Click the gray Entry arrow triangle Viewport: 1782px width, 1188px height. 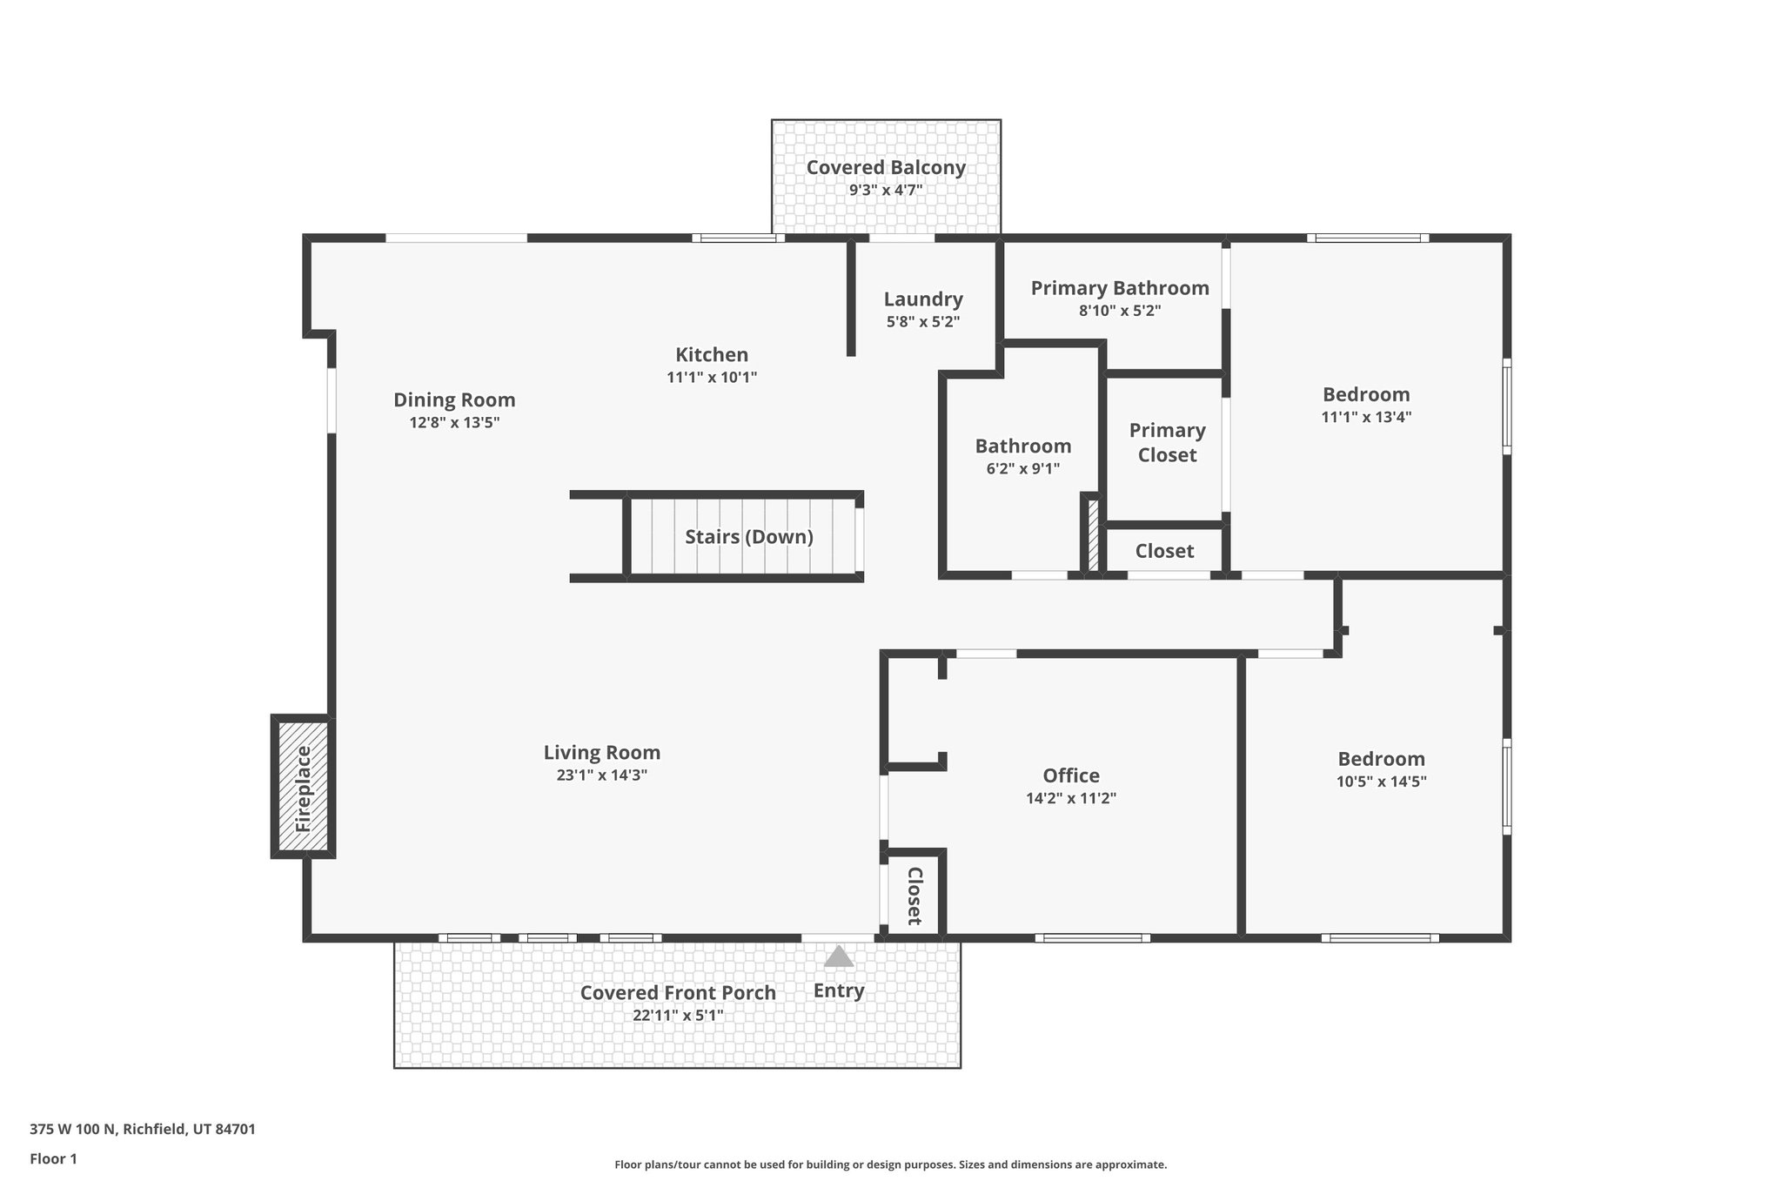pos(839,956)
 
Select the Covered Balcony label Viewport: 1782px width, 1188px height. pos(886,168)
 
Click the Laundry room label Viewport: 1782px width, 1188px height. pos(923,299)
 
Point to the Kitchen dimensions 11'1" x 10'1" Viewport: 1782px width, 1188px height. pos(712,378)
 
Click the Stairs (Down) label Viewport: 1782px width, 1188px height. pos(748,537)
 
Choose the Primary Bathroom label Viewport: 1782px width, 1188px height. pos(1120,288)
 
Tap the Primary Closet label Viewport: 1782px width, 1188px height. pos(1167,442)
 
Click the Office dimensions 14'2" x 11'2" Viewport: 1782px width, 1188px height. pos(1071,798)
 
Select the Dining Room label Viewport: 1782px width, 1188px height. pos(454,400)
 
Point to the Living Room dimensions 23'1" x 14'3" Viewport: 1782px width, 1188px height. pos(602,775)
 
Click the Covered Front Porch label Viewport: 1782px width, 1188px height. pos(678,993)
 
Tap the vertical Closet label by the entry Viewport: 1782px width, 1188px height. pos(914,896)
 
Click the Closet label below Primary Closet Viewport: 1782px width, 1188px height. pos(1164,551)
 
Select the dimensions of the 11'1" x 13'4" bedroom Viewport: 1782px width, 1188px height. pos(1366,417)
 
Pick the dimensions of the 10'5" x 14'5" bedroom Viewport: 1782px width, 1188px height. pos(1381,782)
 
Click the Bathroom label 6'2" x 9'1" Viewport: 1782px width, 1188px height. pos(1023,446)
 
